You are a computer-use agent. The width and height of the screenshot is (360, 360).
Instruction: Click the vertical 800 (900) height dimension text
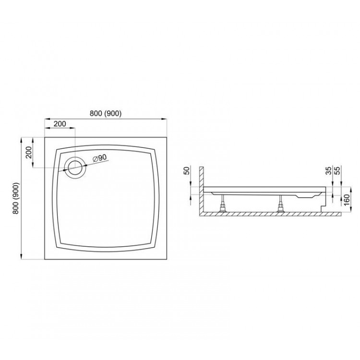tap(17, 198)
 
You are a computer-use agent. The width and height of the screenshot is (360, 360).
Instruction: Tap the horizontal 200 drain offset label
tap(60, 124)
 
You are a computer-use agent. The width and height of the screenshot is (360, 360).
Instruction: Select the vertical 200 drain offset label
tap(28, 152)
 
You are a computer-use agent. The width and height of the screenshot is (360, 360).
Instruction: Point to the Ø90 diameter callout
tap(99, 157)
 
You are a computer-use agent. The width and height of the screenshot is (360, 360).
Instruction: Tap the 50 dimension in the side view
tap(187, 171)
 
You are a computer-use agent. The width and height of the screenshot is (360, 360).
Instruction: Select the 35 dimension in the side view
tap(328, 171)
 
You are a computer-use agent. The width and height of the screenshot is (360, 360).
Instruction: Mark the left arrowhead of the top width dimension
tap(46, 119)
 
